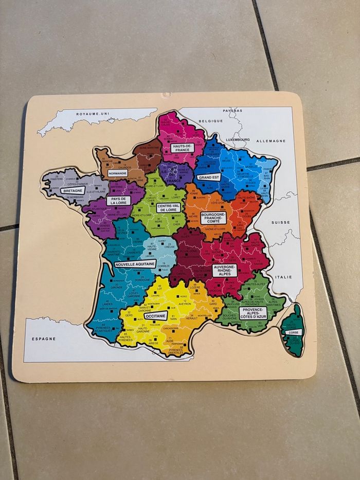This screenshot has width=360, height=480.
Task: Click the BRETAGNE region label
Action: tap(73, 190)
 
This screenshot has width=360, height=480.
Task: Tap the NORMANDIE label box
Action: tap(118, 173)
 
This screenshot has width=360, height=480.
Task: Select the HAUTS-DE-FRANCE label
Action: tap(182, 148)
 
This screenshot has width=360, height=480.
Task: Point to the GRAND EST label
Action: tap(208, 177)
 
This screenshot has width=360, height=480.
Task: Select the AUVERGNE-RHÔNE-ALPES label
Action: tap(225, 270)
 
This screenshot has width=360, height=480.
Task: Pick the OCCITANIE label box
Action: tap(155, 315)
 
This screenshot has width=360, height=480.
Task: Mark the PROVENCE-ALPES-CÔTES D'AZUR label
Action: tap(253, 313)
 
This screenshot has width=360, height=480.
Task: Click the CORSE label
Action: tap(293, 332)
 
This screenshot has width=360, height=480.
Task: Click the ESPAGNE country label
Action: tap(44, 339)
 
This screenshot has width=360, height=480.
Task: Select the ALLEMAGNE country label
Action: tap(271, 140)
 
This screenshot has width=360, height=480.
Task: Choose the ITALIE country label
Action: tap(284, 277)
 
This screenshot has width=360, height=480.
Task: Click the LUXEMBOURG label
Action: tap(237, 139)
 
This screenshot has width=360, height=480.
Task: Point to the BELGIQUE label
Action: tap(211, 121)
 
